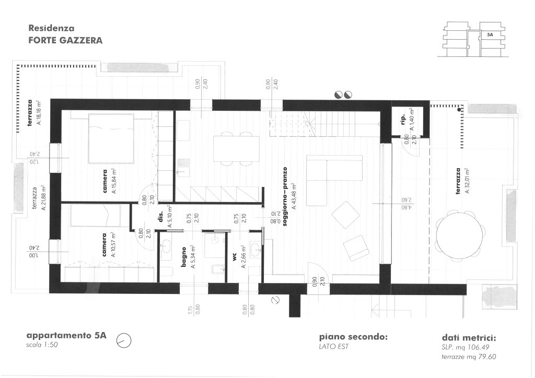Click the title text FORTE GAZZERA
(x=65, y=40)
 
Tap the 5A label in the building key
(x=490, y=34)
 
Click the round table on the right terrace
(x=458, y=238)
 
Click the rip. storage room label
(x=403, y=120)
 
